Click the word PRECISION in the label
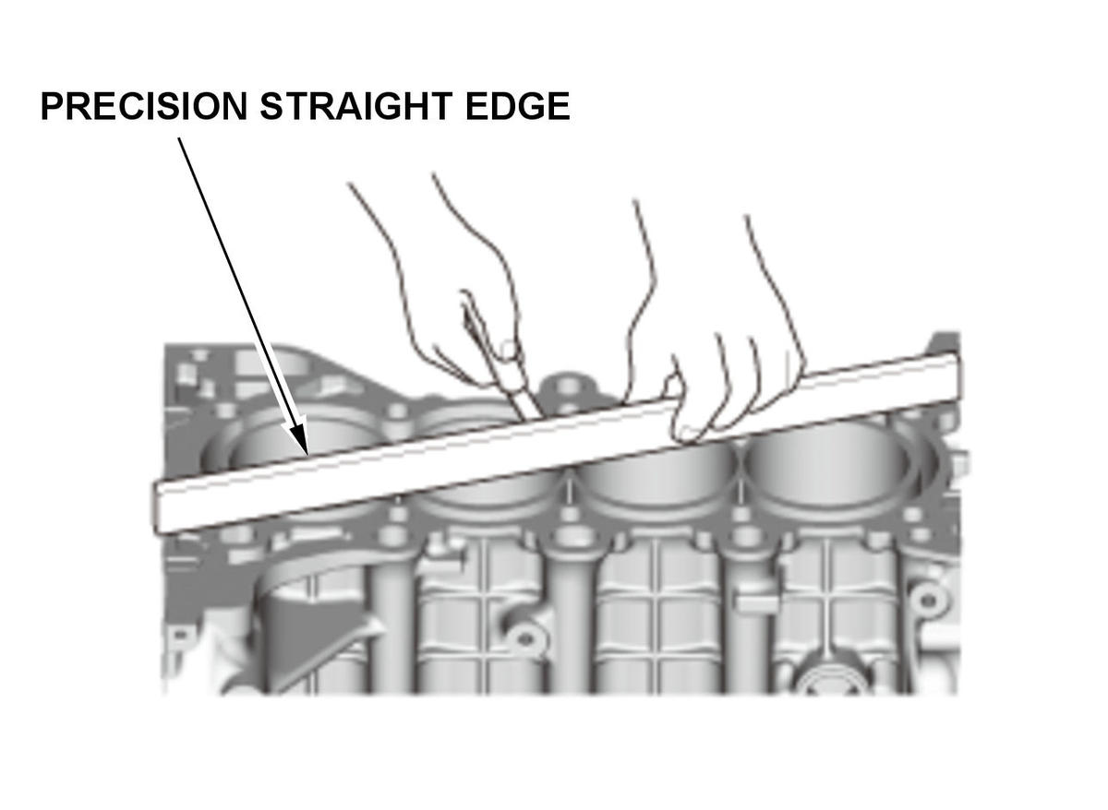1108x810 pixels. point(144,106)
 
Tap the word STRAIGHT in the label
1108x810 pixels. point(356,106)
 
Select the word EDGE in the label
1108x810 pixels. point(517,106)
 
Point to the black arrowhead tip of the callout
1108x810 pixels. point(307,453)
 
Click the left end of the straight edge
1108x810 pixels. point(157,508)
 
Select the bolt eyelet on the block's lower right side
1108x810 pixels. point(929,601)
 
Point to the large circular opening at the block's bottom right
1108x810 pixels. point(836,680)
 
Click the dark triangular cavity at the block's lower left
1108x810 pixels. point(307,637)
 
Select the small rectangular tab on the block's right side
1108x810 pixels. point(757,603)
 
